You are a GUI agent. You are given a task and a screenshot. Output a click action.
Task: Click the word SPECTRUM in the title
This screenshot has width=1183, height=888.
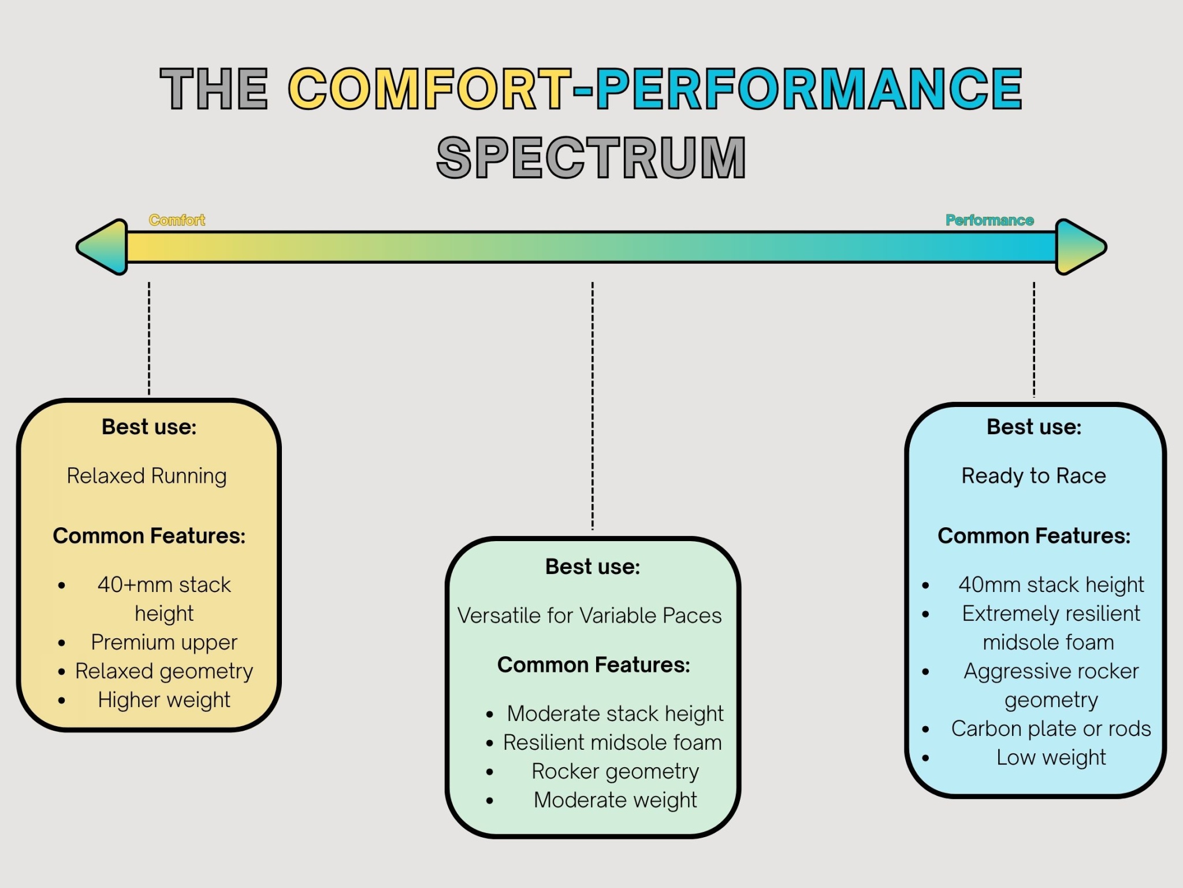[591, 157]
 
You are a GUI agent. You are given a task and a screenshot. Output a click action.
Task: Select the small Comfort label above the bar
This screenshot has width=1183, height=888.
[177, 220]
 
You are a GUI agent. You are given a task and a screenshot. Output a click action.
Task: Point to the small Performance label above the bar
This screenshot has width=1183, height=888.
[989, 220]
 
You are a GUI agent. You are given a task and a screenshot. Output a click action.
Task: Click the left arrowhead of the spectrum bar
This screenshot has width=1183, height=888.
[104, 247]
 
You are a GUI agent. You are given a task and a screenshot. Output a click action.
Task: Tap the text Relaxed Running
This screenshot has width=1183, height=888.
[147, 476]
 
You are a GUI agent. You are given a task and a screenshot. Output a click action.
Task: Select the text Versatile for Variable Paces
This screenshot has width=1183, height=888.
[589, 616]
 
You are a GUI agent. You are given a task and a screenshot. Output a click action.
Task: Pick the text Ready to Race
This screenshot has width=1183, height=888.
[1033, 476]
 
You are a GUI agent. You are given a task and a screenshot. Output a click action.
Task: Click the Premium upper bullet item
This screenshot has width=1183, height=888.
[164, 642]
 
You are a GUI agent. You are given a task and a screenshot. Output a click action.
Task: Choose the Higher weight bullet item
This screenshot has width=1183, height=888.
[164, 700]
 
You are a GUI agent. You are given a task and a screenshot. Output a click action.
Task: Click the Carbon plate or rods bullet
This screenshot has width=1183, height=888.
[1051, 729]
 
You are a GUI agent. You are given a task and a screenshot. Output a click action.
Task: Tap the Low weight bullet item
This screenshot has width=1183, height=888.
[1051, 757]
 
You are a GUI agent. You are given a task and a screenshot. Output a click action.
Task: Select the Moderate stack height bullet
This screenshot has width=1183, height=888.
[615, 714]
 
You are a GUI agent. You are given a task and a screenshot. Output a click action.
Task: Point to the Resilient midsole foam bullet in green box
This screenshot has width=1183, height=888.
[612, 743]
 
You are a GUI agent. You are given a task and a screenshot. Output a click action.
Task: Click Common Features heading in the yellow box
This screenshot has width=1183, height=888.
[149, 536]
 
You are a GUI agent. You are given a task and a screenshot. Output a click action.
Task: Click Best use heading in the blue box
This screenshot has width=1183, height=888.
[1033, 427]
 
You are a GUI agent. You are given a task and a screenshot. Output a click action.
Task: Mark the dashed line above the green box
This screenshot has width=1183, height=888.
[592, 405]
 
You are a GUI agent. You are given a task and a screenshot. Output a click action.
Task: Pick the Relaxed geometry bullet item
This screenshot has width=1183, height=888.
[164, 671]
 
